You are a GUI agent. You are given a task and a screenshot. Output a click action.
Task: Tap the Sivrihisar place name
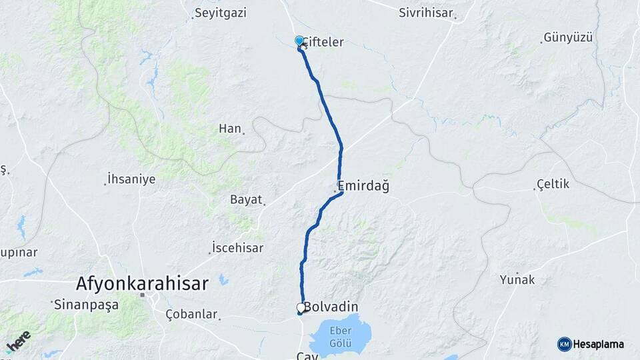pyautogui.click(x=425, y=13)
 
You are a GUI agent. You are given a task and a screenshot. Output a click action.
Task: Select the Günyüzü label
pyautogui.click(x=568, y=37)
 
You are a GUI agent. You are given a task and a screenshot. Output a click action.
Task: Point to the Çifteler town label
pyautogui.click(x=324, y=42)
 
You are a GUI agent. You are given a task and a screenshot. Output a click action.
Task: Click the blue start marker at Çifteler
pyautogui.click(x=299, y=41)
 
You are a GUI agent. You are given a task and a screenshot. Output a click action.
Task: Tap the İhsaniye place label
pyautogui.click(x=131, y=179)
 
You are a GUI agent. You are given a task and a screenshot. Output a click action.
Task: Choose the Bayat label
pyautogui.click(x=246, y=199)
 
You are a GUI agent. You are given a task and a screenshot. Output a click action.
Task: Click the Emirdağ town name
pyautogui.click(x=363, y=185)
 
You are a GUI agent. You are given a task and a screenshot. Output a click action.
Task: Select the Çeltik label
pyautogui.click(x=553, y=184)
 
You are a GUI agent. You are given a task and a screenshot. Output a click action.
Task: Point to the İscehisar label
pyautogui.click(x=237, y=247)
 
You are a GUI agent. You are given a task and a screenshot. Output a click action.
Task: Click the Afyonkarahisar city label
pyautogui.click(x=142, y=283)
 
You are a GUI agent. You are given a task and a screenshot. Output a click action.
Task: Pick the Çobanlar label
pyautogui.click(x=191, y=313)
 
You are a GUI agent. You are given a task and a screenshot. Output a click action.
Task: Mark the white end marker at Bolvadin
pyautogui.click(x=301, y=308)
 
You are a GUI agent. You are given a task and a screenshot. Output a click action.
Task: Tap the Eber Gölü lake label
pyautogui.click(x=342, y=339)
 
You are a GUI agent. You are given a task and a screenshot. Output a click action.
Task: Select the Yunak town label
pyautogui.click(x=517, y=280)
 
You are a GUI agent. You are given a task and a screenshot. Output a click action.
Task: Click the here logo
pyautogui.click(x=18, y=341)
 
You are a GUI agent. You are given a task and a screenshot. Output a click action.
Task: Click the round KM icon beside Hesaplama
pyautogui.click(x=564, y=344)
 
